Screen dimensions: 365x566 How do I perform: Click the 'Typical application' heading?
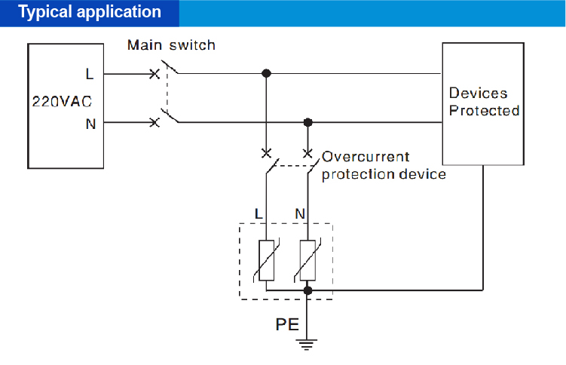pos(89,13)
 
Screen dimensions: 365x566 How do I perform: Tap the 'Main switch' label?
pos(171,45)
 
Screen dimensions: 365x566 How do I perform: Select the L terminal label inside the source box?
pos(90,74)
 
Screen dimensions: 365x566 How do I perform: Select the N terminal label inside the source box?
pos(90,124)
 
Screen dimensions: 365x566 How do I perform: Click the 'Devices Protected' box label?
pos(484,102)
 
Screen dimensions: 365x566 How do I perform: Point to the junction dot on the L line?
pos(265,74)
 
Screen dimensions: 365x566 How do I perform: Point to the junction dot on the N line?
pos(307,122)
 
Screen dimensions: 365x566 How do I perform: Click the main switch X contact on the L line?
pos(155,74)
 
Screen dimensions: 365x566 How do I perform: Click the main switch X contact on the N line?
pos(155,122)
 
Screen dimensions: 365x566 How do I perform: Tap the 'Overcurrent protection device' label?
pos(384,166)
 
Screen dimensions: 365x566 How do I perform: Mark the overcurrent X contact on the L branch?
pos(265,153)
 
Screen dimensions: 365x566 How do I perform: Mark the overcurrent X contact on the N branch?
pos(307,153)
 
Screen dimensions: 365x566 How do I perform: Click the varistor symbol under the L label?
pos(267,260)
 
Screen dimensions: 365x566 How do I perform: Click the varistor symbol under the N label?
pos(307,260)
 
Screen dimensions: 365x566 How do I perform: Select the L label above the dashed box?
pos(259,214)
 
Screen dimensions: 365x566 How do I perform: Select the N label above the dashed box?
pos(300,214)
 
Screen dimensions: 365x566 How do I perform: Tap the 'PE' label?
pos(286,325)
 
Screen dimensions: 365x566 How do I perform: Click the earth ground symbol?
pos(307,345)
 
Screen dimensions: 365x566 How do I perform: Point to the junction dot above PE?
pos(307,290)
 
